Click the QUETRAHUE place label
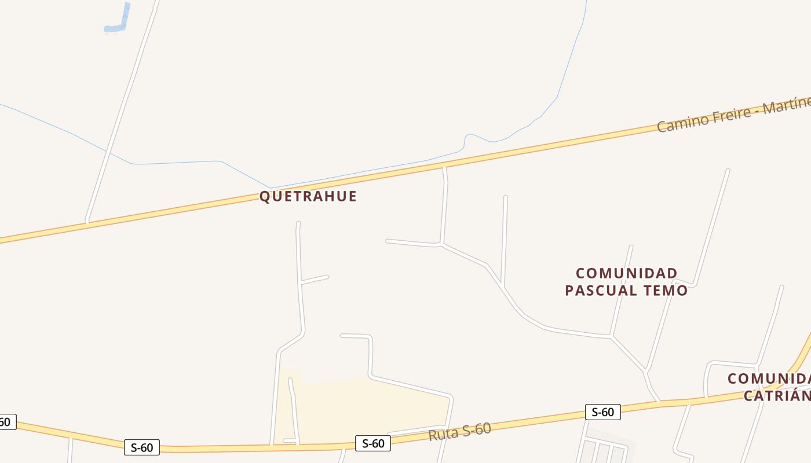308,196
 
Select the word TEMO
666,290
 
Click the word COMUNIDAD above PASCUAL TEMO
627,273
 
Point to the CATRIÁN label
776,396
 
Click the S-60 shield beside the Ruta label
373,443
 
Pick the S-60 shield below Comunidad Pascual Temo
602,412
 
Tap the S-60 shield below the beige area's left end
141,447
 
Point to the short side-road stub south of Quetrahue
315,280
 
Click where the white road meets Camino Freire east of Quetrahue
444,168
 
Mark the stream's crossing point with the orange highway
270,188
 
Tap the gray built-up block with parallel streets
605,449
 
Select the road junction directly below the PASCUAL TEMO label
611,336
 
